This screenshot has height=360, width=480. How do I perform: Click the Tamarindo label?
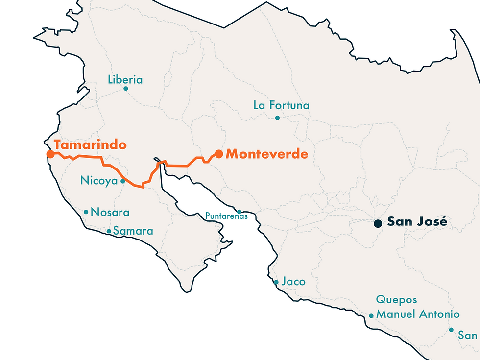point(90,145)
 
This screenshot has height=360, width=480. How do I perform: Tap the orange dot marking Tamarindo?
point(50,154)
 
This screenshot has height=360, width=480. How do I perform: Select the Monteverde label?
point(267,154)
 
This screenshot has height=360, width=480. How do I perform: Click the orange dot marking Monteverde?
point(219,154)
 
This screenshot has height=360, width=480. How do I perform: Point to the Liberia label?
point(125,79)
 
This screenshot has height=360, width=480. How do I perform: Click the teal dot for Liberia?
point(126,89)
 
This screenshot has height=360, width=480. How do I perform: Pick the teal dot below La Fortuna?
point(277,118)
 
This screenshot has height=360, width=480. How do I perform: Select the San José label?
point(417,221)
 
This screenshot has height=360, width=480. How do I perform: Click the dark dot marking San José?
point(378,223)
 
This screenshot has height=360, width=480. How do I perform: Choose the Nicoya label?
point(99,181)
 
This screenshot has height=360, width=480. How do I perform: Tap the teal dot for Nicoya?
point(122,181)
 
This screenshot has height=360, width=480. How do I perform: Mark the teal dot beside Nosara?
point(86,212)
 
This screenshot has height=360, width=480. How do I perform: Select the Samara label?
point(133,231)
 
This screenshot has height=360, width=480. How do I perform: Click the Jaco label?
point(293,282)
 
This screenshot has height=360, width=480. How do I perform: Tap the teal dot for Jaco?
point(276,282)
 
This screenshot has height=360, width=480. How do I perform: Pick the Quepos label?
point(396,300)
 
